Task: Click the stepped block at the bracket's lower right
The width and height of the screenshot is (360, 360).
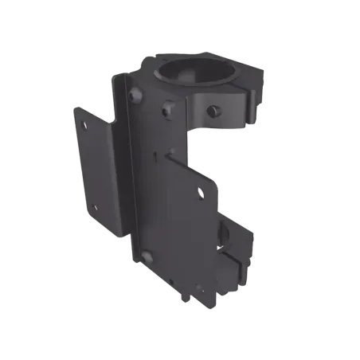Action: [239, 275]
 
